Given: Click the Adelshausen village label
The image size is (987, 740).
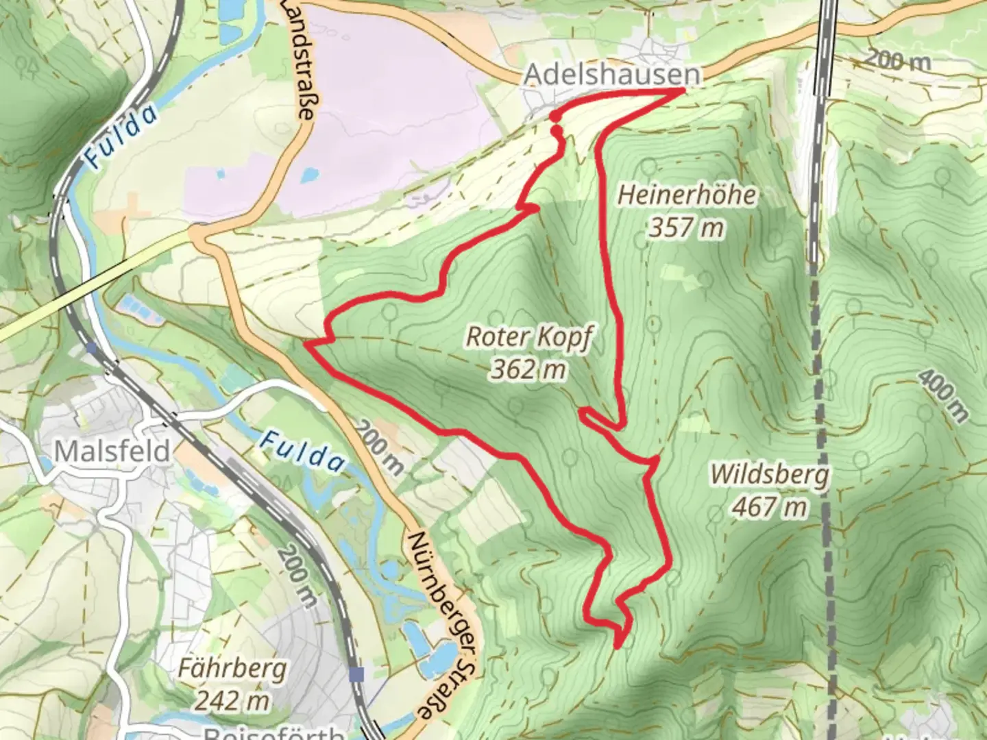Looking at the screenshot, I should (613, 75).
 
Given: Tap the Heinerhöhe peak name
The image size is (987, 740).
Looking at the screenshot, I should (687, 195).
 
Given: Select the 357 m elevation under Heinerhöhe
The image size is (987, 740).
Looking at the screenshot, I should (686, 227).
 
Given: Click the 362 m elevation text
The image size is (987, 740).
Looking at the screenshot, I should (528, 370).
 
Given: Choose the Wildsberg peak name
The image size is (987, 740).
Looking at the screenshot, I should (769, 474).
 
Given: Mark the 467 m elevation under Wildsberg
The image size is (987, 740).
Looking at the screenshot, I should (768, 508).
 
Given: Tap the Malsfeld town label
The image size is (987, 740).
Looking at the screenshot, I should (112, 452).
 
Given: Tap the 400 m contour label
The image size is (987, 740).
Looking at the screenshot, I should (944, 395).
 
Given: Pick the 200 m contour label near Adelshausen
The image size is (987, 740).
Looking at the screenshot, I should (897, 62).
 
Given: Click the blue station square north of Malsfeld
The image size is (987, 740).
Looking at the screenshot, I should (92, 348).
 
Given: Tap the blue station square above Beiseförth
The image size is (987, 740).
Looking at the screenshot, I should (356, 675).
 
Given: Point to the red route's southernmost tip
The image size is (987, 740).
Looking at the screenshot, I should (617, 645).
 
